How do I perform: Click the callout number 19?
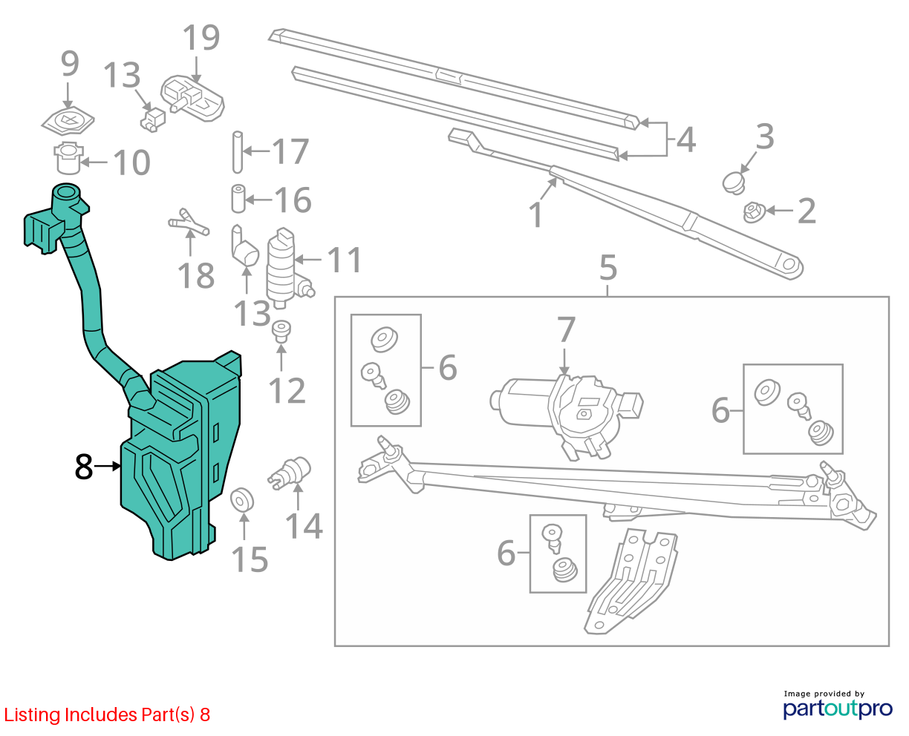pyautogui.click(x=201, y=38)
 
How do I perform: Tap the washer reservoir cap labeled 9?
pyautogui.click(x=68, y=121)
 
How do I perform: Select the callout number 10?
pyautogui.click(x=132, y=162)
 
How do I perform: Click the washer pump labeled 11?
pyautogui.click(x=284, y=267)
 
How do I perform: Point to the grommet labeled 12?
pyautogui.click(x=281, y=332)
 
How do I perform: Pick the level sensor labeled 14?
pyautogui.click(x=290, y=473)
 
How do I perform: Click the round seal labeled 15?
pyautogui.click(x=242, y=500)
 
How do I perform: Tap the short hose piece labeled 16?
pyautogui.click(x=238, y=198)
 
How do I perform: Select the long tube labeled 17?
pyautogui.click(x=238, y=152)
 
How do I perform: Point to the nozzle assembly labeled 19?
pyautogui.click(x=192, y=99)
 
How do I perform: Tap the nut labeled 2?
pyautogui.click(x=754, y=212)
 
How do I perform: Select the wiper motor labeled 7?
pyautogui.click(x=567, y=415)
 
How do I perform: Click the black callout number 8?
pyautogui.click(x=84, y=467)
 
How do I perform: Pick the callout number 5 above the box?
pyautogui.click(x=608, y=268)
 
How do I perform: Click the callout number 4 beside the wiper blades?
pyautogui.click(x=686, y=139)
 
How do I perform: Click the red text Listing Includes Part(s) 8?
pyautogui.click(x=107, y=714)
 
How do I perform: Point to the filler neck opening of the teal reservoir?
pyautogui.click(x=65, y=190)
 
